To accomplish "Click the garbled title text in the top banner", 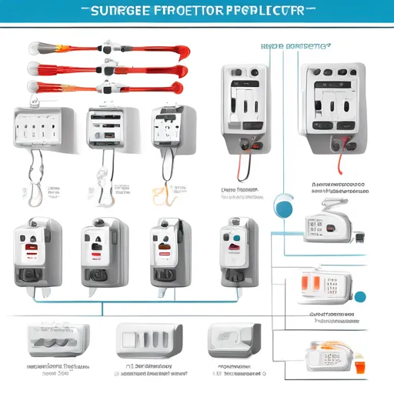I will [x=196, y=12].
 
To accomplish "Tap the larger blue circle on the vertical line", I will [x=282, y=203].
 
